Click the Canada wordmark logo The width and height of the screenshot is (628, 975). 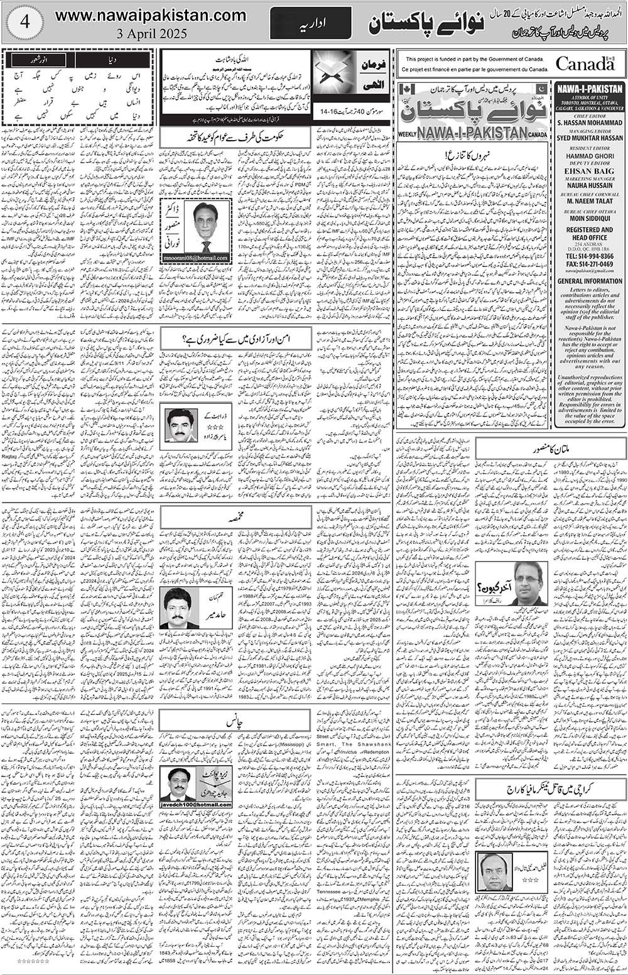[585, 64]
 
